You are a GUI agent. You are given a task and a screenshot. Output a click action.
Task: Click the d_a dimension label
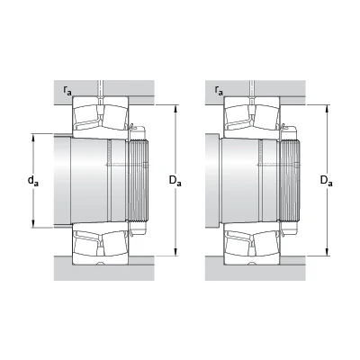coord(33,181)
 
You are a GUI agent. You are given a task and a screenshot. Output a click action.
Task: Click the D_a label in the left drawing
coord(175,181)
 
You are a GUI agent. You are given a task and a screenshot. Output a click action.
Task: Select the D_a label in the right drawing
coord(327,181)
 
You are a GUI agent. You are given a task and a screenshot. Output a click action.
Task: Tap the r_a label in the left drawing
coord(67,90)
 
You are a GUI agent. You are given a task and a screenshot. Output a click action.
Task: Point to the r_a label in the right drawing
coord(219,90)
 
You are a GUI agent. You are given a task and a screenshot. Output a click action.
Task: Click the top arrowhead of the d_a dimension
coord(33,137)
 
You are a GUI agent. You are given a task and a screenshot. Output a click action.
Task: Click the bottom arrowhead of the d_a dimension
coord(33,224)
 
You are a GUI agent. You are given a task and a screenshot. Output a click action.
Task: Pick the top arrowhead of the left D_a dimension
coord(175,109)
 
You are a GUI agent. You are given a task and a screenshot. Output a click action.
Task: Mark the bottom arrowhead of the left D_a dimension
coord(175,252)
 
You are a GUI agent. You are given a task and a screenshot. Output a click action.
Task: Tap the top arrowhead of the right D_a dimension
coord(328,109)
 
